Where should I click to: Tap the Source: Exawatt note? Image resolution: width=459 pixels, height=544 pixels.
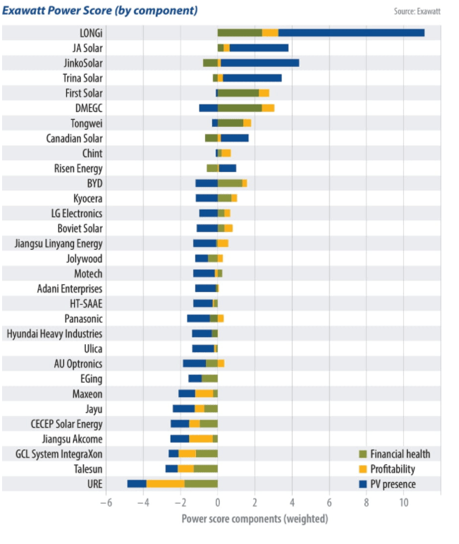417,11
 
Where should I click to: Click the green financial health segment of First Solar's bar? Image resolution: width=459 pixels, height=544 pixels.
238,92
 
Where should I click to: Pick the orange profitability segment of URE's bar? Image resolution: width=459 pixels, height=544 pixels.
165,483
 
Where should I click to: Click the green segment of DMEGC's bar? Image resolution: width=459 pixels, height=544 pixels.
240,108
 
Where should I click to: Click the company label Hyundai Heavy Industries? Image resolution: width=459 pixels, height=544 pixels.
54,333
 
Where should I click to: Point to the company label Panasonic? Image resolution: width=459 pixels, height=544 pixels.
83,318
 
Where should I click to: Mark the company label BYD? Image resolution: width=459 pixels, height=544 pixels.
93,183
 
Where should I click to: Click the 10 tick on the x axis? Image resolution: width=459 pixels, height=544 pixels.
404,502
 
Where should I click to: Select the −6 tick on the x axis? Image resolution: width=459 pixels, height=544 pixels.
105,502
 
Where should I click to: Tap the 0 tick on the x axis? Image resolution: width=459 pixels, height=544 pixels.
217,502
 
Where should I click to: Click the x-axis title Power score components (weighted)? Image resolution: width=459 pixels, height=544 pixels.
255,519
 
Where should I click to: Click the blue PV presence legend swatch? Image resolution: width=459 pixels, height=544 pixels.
363,484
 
